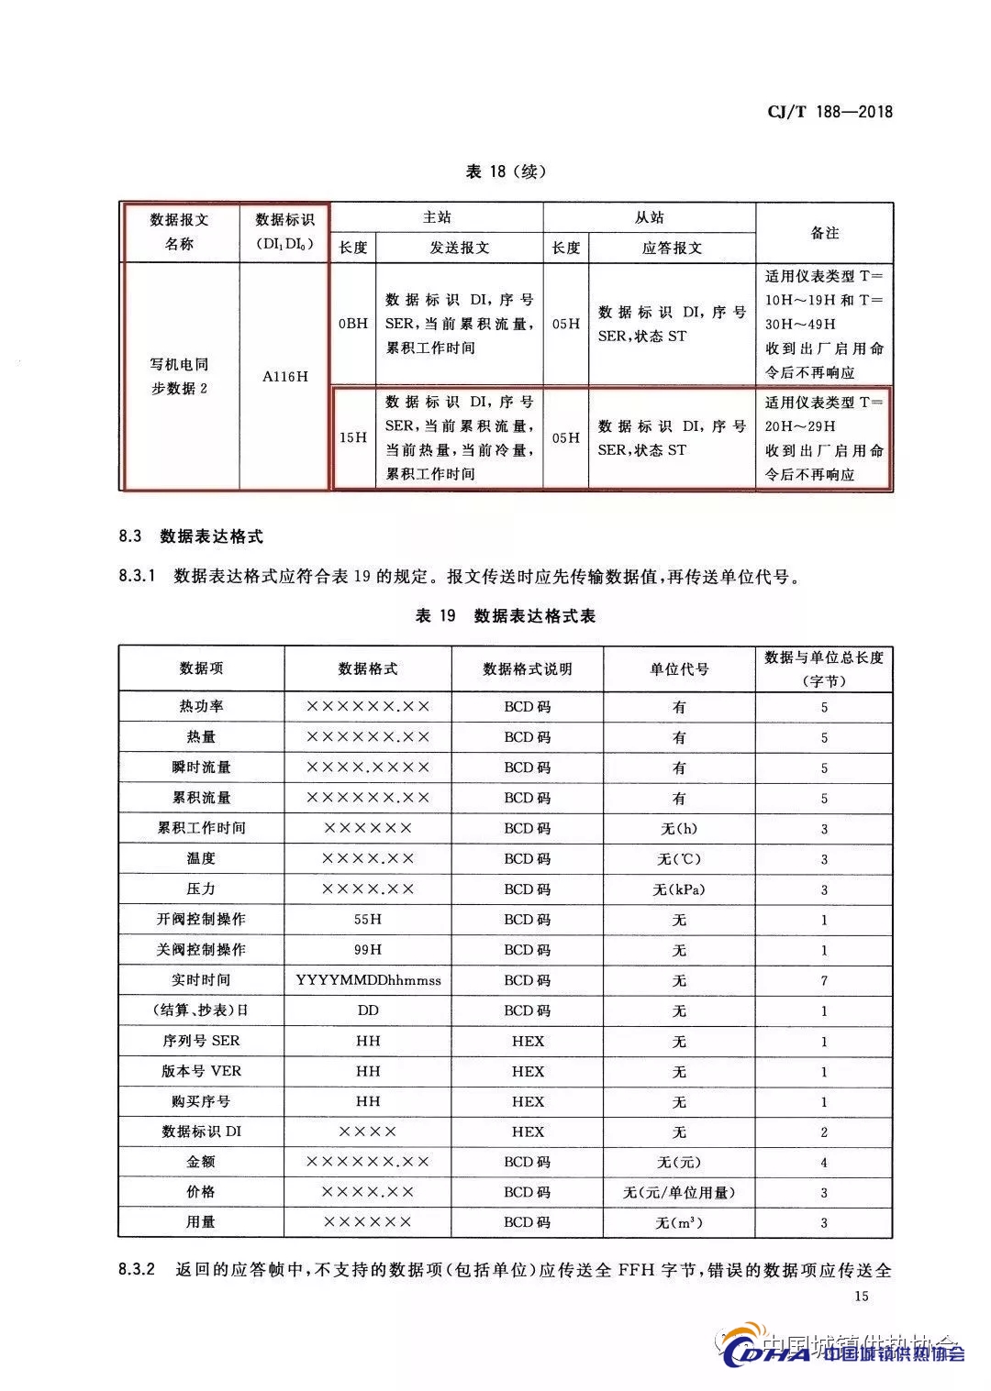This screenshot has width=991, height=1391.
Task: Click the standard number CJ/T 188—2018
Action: click(829, 112)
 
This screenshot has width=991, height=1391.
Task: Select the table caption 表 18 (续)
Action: click(506, 171)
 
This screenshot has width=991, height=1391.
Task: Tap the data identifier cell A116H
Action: click(285, 376)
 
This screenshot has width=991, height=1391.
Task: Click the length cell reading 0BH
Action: click(352, 324)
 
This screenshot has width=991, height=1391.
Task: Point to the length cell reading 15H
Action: click(352, 437)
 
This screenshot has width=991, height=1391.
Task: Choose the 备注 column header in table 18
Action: click(824, 233)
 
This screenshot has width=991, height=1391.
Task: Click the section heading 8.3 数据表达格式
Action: click(191, 536)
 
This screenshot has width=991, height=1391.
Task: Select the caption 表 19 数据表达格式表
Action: click(506, 616)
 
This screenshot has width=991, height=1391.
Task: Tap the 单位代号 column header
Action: click(679, 668)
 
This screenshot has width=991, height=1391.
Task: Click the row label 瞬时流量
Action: click(202, 767)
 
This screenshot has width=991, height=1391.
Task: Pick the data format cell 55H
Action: click(368, 919)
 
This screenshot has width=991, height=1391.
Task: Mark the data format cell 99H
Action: click(368, 949)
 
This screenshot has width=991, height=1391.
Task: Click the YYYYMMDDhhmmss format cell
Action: click(368, 980)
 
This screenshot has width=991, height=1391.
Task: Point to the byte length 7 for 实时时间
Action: click(824, 980)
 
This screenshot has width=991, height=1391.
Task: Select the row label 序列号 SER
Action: click(202, 1041)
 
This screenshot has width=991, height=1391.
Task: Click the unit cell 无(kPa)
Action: click(679, 889)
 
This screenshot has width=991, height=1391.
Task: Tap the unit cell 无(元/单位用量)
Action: click(679, 1192)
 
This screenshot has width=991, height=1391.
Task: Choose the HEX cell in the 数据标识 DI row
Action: click(528, 1132)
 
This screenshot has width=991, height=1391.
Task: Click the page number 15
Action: click(861, 1296)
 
